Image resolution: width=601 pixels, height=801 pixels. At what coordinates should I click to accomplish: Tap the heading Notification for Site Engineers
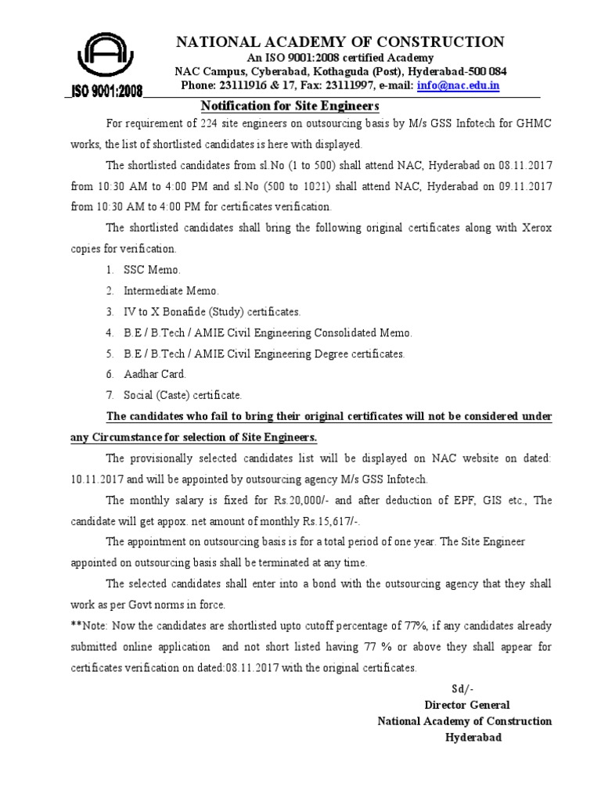tap(290, 106)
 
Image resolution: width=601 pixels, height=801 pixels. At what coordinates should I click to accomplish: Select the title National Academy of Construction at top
tap(339, 41)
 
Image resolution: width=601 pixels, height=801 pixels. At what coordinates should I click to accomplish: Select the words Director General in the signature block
tap(467, 705)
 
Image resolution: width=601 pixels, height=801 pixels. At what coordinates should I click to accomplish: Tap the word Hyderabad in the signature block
tap(474, 737)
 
